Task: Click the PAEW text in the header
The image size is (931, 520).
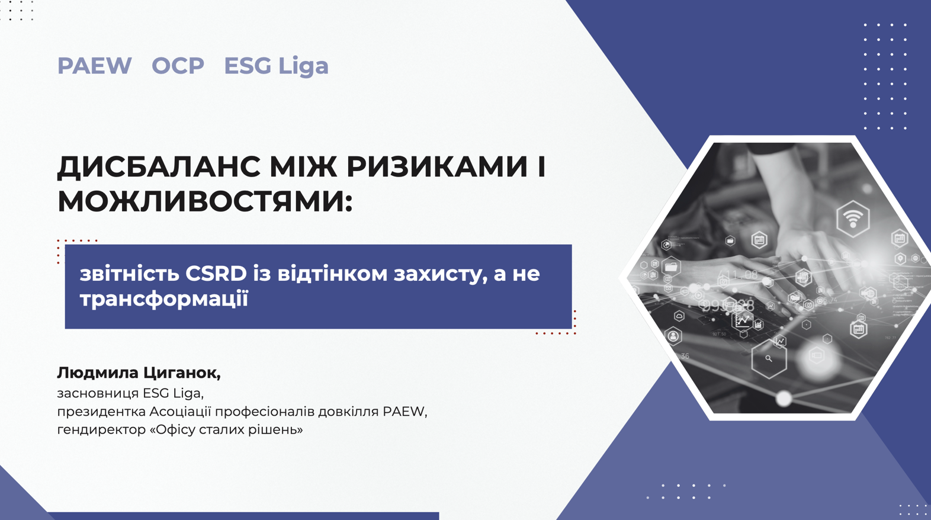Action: coord(94,66)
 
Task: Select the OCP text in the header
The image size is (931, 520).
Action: coord(178,66)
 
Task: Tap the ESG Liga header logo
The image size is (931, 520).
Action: coord(276,66)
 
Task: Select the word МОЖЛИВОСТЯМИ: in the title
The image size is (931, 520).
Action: coord(205,201)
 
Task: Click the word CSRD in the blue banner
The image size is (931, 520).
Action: coord(216,274)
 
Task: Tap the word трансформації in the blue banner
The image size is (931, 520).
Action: coord(164,299)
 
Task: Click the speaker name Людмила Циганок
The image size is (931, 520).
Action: coord(139,373)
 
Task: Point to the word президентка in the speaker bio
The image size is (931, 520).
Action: coord(101,412)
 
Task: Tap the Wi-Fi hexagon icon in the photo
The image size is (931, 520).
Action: coord(853,219)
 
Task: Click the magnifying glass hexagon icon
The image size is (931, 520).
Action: coord(769,358)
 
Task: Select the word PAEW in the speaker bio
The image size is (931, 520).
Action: coord(405,412)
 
